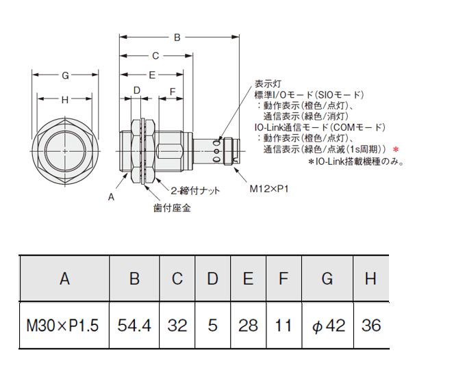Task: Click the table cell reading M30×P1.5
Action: pyautogui.click(x=62, y=326)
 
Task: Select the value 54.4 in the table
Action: pyautogui.click(x=134, y=326)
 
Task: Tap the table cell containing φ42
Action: pyautogui.click(x=329, y=326)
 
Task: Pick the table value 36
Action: pyautogui.click(x=371, y=326)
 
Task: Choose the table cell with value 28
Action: pyautogui.click(x=248, y=326)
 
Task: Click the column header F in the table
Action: pyautogui.click(x=284, y=278)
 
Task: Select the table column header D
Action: pyautogui.click(x=212, y=278)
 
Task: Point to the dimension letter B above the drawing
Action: pyautogui.click(x=177, y=38)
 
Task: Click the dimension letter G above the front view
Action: pyautogui.click(x=66, y=75)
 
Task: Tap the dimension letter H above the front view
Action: pyautogui.click(x=65, y=100)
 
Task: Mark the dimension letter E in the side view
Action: pyautogui.click(x=152, y=75)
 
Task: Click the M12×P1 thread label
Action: pyautogui.click(x=269, y=189)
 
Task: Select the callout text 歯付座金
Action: pyautogui.click(x=172, y=208)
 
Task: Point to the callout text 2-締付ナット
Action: pyautogui.click(x=195, y=190)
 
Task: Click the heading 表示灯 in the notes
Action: pyautogui.click(x=268, y=84)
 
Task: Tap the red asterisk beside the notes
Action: pyautogui.click(x=396, y=150)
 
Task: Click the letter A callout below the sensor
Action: pyautogui.click(x=111, y=197)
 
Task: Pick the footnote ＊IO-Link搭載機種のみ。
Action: pyautogui.click(x=355, y=161)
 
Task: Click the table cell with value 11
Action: pyautogui.click(x=284, y=326)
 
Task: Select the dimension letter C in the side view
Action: pyautogui.click(x=155, y=56)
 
